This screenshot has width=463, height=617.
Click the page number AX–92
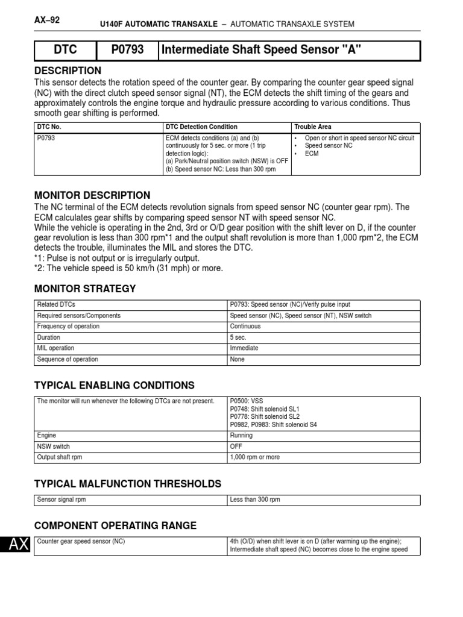(48, 19)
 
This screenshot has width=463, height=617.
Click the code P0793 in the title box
(127, 51)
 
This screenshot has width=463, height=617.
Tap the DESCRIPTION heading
(68, 70)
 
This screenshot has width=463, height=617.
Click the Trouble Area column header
(312, 127)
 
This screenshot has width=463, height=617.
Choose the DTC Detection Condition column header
(201, 127)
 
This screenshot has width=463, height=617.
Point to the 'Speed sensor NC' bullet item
(329, 146)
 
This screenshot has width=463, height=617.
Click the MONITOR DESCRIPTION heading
(92, 195)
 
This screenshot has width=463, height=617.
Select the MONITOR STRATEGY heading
(85, 289)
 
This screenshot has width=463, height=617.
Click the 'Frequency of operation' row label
(68, 327)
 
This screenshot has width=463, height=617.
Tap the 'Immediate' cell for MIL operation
(244, 348)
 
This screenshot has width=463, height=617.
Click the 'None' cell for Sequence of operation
(238, 359)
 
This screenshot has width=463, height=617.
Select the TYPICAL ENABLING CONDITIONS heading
(115, 385)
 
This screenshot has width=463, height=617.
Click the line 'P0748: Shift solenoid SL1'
(265, 409)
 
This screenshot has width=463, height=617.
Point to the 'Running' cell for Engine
(241, 436)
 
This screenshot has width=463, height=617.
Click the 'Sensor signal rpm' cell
(63, 500)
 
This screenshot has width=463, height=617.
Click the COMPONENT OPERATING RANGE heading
(115, 525)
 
